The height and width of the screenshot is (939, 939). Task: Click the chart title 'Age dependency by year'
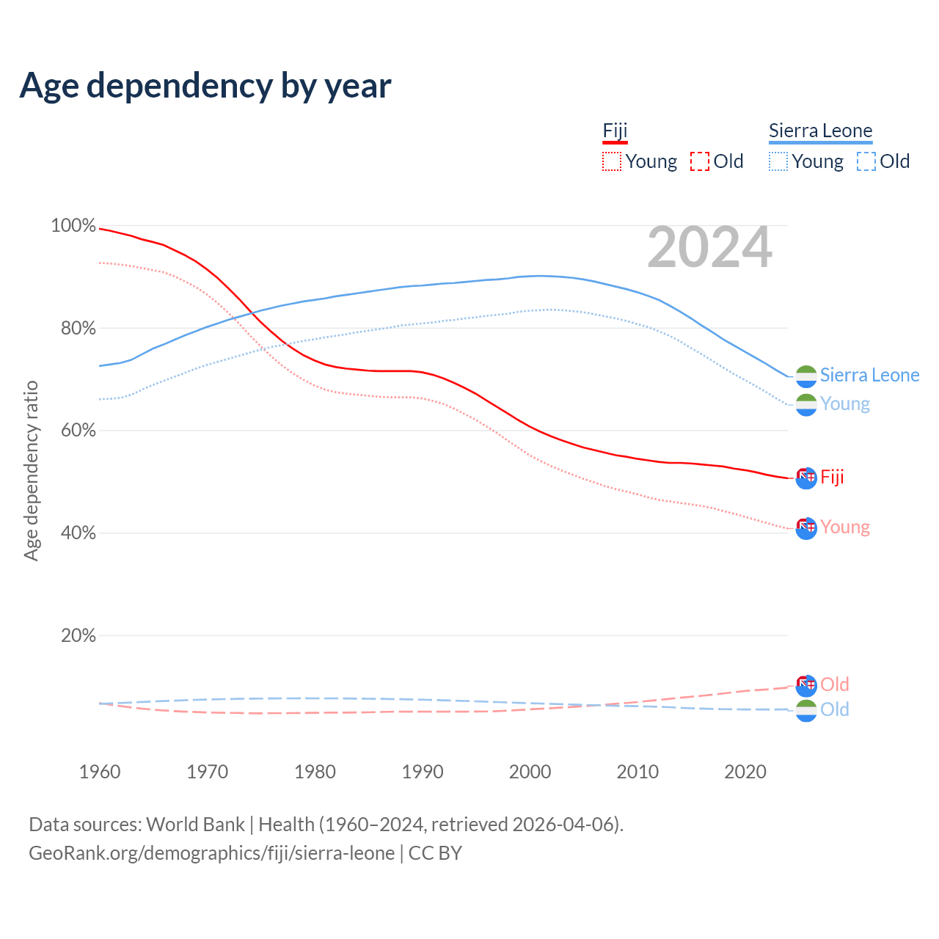[x=205, y=86]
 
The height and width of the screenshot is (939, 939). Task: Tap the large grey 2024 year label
[x=709, y=247]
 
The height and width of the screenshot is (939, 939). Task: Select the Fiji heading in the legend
[x=615, y=131]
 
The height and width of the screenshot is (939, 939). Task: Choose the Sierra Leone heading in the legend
[x=820, y=131]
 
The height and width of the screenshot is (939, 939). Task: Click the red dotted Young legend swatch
[x=611, y=161]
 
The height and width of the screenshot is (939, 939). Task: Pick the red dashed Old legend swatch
[x=700, y=161]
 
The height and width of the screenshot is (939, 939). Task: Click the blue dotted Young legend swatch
[x=778, y=161]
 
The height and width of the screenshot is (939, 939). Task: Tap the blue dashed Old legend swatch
[x=866, y=161]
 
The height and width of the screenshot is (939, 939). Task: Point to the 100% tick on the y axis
[x=73, y=226]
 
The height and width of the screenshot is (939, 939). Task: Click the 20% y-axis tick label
[x=78, y=635]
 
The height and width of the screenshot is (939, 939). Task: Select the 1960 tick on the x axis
[x=100, y=772]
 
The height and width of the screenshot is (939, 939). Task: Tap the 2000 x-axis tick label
[x=530, y=772]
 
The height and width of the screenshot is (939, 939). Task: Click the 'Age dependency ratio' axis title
[x=31, y=470]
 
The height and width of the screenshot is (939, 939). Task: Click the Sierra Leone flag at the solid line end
[x=806, y=376]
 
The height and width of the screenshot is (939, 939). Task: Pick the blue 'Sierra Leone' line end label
[x=869, y=376]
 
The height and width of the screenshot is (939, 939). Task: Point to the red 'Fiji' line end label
[x=832, y=478]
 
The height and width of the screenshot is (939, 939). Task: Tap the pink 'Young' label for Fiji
[x=845, y=527]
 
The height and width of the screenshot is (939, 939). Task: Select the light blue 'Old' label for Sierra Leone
[x=835, y=709]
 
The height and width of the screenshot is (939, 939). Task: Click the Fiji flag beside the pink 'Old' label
[x=806, y=685]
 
